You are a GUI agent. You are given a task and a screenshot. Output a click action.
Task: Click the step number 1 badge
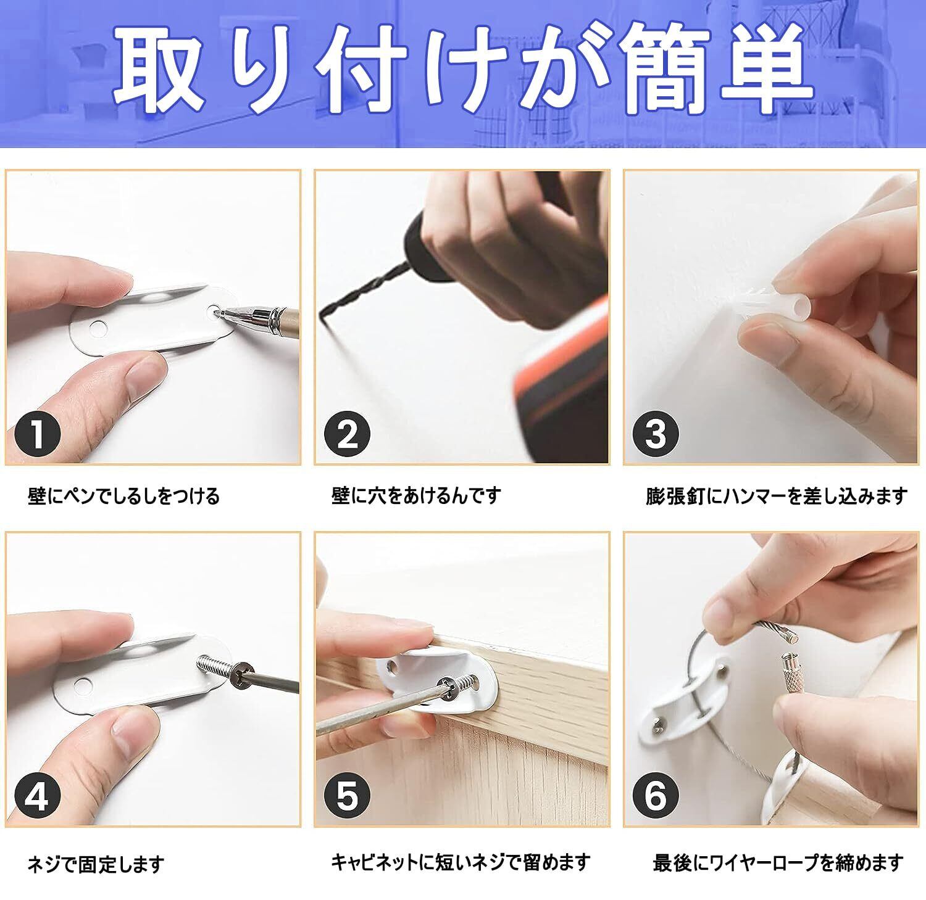[x=38, y=434]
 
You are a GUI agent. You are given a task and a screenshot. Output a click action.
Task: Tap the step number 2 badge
[x=348, y=434]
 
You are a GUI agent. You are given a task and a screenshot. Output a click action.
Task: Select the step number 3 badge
[x=656, y=434]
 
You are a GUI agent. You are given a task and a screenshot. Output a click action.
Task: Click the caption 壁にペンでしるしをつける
[x=123, y=496]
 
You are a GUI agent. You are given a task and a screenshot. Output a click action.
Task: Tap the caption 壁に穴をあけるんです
[x=416, y=495]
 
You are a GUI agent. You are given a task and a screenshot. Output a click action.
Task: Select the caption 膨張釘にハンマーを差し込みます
[x=777, y=495]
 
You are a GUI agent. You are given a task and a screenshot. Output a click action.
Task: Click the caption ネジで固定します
[x=96, y=863]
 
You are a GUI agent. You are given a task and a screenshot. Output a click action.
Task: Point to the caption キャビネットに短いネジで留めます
[x=461, y=862]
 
